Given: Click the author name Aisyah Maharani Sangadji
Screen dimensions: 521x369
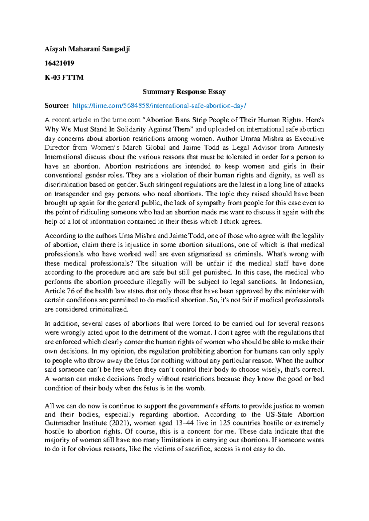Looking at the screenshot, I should [x=87, y=49].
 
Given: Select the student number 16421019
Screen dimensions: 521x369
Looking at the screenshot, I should [x=59, y=63].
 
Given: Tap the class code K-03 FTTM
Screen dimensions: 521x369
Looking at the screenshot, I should [x=64, y=77].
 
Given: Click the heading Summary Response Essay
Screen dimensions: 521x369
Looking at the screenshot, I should [x=184, y=92].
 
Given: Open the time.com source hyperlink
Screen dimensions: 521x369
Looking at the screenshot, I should [x=159, y=106].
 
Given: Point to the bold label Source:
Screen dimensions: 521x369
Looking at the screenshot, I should [x=57, y=106].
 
